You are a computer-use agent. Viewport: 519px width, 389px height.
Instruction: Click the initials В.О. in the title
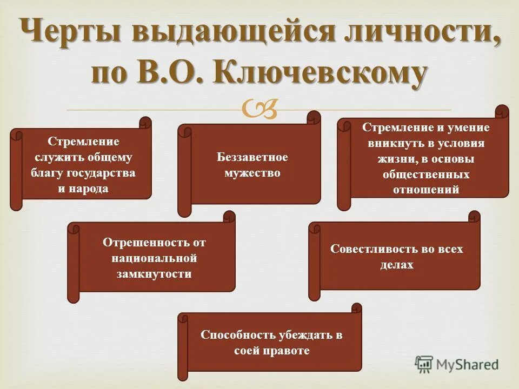click(x=170, y=73)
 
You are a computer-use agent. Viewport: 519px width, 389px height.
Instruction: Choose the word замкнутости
click(x=154, y=274)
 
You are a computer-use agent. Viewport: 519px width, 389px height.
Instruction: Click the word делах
click(x=396, y=265)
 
